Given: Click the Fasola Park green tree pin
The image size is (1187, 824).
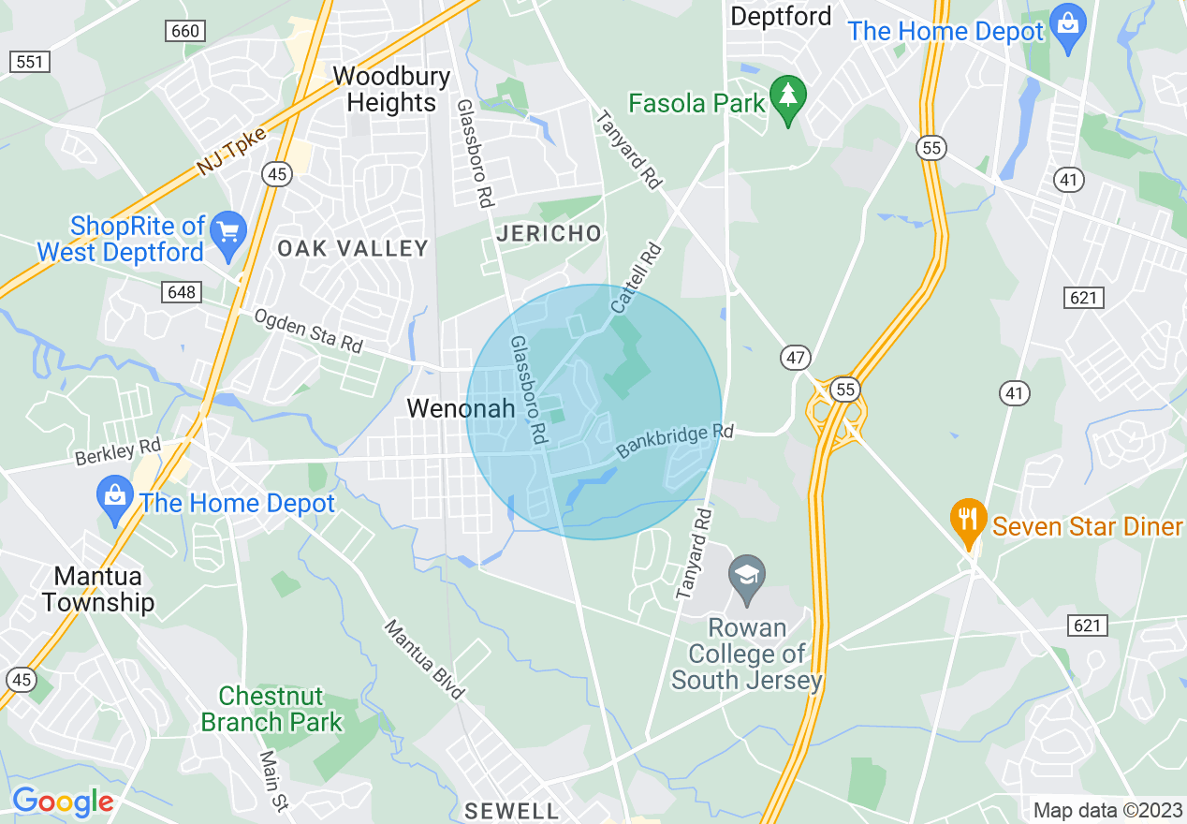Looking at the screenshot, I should tap(788, 97).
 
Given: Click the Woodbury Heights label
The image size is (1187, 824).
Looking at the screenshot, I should tap(391, 89).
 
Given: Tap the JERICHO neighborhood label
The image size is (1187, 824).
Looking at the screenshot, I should tap(549, 234).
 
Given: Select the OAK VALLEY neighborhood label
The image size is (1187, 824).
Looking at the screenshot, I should tap(353, 248).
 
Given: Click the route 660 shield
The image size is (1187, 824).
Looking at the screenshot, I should tap(185, 31).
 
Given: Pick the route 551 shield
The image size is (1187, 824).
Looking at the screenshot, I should tap(30, 62).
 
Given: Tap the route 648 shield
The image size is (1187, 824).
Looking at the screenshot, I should tap(181, 292).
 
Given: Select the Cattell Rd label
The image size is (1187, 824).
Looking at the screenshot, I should tap(637, 278).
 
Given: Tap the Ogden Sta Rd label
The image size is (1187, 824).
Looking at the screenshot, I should tap(308, 331).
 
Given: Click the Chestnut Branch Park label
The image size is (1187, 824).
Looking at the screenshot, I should tap(271, 710).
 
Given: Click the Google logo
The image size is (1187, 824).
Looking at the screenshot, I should tap(63, 802).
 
